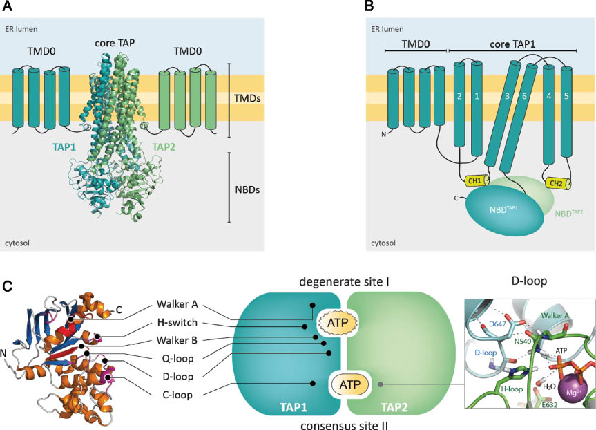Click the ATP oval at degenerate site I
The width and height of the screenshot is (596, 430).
(x=334, y=321)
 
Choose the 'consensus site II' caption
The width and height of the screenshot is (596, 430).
(x=343, y=420)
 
